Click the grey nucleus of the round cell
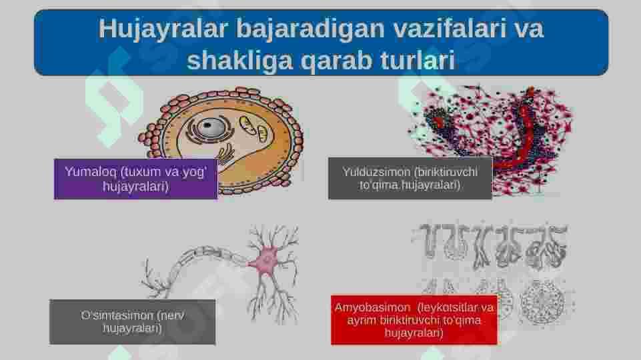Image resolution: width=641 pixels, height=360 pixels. (209, 127)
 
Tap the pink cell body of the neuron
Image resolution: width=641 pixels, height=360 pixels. (267, 260)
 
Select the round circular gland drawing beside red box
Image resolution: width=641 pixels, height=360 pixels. (542, 301)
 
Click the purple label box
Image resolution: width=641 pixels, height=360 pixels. (135, 179)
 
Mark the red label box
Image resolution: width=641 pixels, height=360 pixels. (414, 320)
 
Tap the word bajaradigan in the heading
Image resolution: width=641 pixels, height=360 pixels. (310, 29)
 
